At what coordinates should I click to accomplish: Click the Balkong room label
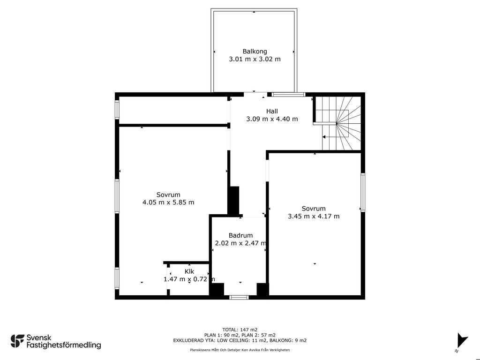coord(255,52)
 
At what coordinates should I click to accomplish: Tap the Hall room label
coord(272,111)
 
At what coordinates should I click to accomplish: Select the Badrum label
coord(240,235)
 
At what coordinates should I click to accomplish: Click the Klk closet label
coord(189,271)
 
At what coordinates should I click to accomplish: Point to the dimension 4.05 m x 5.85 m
coord(168,202)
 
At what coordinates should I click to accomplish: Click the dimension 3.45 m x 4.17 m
coord(314,217)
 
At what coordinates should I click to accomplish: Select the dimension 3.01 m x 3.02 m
coord(255,59)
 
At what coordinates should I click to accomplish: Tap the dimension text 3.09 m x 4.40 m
coord(272,119)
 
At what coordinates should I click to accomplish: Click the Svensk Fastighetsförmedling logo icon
coord(17,341)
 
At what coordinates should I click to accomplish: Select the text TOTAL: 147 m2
coord(240,330)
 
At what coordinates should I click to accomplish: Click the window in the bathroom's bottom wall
coord(239,297)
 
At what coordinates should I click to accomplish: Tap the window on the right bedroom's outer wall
coord(363,192)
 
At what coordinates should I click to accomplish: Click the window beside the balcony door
coord(289,95)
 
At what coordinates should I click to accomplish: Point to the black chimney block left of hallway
coord(233,201)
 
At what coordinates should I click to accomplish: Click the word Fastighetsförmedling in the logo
coord(64,345)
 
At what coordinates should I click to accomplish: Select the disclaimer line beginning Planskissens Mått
coord(240,350)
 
